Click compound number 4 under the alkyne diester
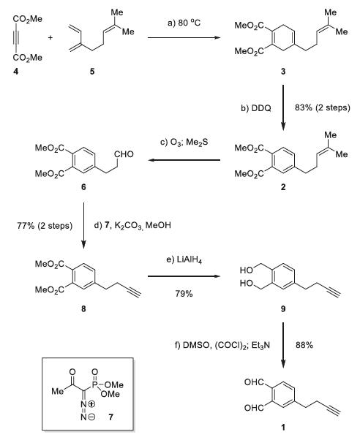[x=16, y=72]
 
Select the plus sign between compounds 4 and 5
[x=50, y=37]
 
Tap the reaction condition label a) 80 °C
[x=184, y=23]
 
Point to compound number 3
[x=283, y=72]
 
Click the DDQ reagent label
[x=256, y=108]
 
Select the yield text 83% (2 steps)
[x=323, y=107]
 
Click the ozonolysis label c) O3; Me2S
[x=184, y=143]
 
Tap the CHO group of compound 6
[x=124, y=154]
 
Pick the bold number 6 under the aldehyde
[x=83, y=187]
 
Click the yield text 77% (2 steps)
[x=45, y=226]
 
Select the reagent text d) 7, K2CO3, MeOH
[x=132, y=225]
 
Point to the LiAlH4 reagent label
[x=184, y=260]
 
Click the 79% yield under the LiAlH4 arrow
[x=184, y=294]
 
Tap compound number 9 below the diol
[x=283, y=309]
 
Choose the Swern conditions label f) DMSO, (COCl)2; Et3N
[x=222, y=345]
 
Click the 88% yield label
[x=304, y=345]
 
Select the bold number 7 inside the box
[x=110, y=417]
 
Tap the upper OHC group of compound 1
[x=254, y=382]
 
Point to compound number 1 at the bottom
[x=283, y=428]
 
